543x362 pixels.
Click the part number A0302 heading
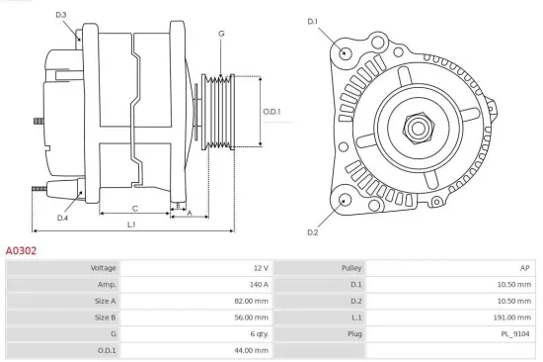pos(22,251)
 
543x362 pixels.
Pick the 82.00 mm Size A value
pos(253,301)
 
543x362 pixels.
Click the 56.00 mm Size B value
pos(253,317)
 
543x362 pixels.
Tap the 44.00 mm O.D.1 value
pos(253,350)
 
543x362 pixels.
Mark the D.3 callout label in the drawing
pos(60,15)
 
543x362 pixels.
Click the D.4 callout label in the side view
pos(62,218)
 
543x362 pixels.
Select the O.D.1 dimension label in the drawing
pos(271,111)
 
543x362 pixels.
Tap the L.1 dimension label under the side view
pos(131,225)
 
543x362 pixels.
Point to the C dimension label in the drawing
pos(134,208)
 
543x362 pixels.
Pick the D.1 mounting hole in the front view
pos(345,52)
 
